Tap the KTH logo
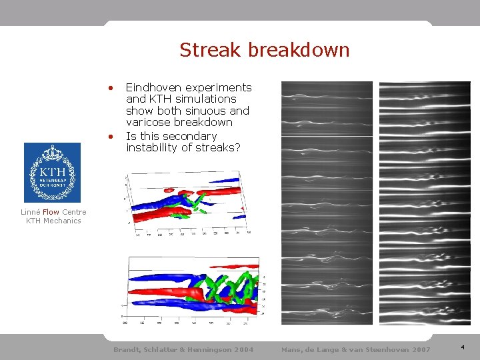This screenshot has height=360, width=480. pos(52,173)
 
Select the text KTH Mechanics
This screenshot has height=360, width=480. pos(53,221)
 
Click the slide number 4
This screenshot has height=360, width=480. pos(463,347)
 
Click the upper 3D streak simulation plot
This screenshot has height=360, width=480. pos(188,203)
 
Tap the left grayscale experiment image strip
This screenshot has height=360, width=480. pos(327,203)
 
